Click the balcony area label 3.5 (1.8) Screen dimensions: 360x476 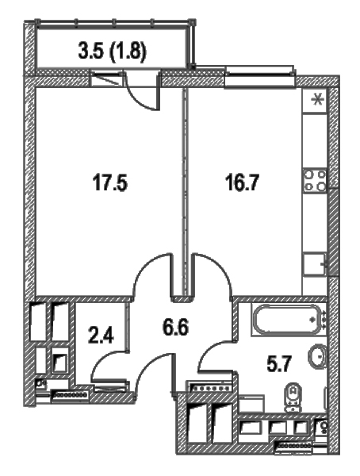tap(112, 52)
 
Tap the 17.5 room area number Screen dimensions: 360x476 tap(110, 183)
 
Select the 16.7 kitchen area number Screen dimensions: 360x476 tap(242, 182)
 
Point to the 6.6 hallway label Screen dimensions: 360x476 tap(175, 328)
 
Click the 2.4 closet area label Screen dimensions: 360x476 tap(101, 336)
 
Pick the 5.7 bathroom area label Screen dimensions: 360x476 tap(279, 364)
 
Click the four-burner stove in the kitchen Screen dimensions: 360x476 tap(316, 181)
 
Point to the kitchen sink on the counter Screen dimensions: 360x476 tap(315, 264)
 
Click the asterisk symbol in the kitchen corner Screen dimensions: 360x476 tap(318, 100)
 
